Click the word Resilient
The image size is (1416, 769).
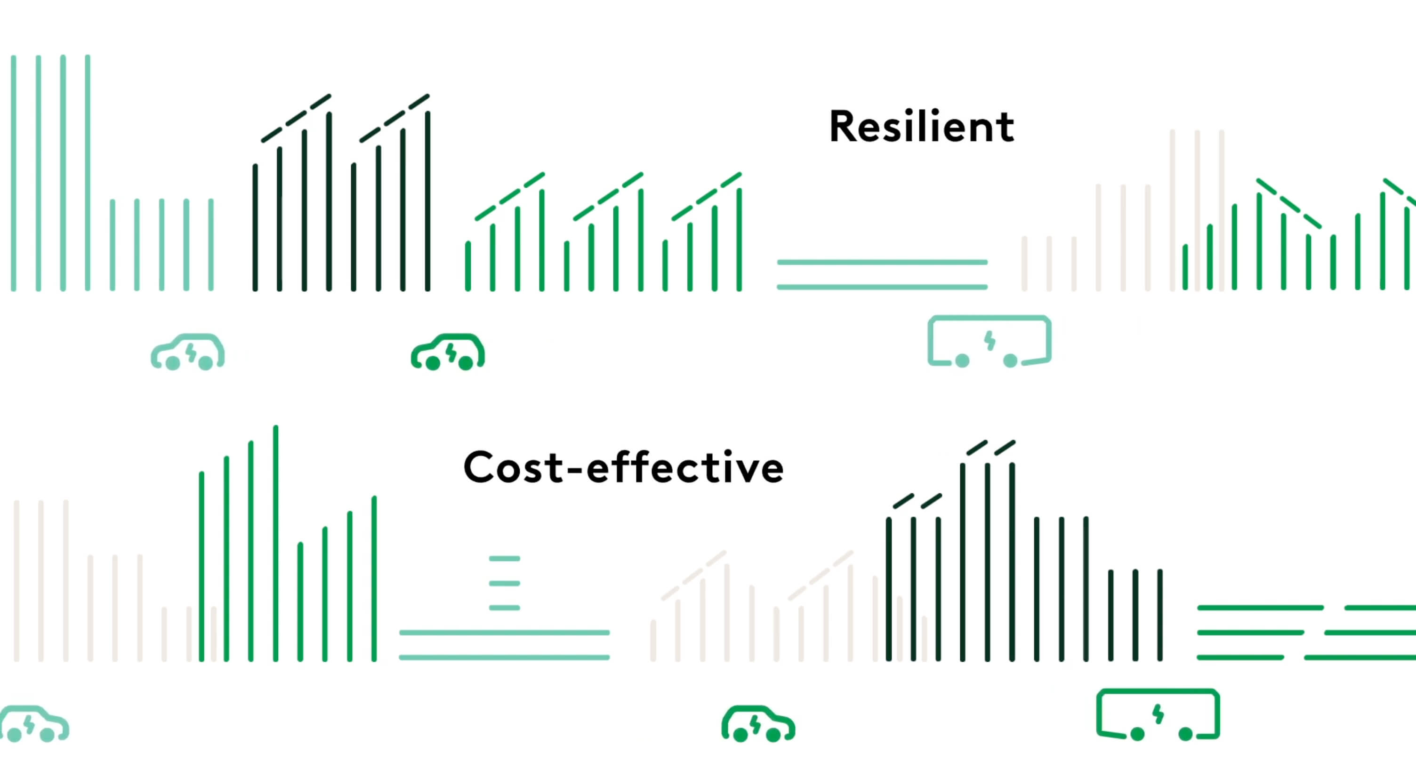coord(921,127)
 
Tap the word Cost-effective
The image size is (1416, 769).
coord(623,468)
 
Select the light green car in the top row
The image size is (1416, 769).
coord(188,352)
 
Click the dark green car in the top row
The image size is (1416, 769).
coord(448,352)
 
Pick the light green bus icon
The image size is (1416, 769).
coord(990,341)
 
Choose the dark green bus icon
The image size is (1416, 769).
coord(1158,714)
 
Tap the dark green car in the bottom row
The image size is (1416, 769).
coord(758,724)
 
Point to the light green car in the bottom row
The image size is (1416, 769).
coord(34,724)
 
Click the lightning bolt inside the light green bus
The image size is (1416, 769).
coord(990,340)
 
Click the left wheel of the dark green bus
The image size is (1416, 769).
coord(1137,734)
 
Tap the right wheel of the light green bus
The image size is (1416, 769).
coord(1010,360)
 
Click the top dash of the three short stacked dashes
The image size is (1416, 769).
coord(504,559)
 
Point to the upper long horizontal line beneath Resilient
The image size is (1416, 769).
coord(882,262)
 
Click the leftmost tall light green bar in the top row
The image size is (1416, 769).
coord(14,173)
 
